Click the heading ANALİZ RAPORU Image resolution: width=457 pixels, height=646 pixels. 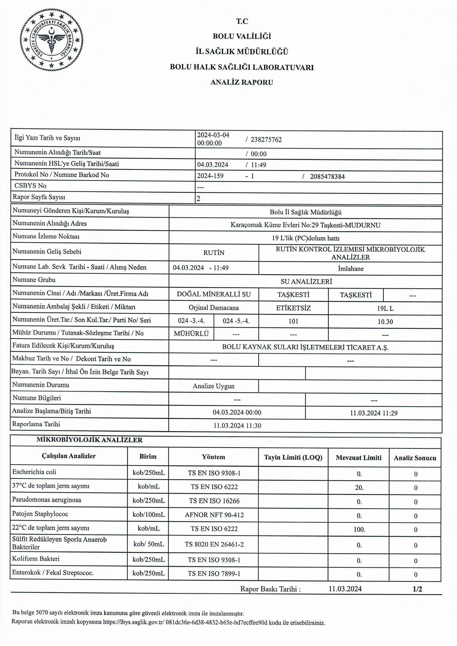[242, 82]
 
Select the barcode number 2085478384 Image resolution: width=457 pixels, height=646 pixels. [327, 176]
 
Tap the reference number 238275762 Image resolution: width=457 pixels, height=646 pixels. [266, 140]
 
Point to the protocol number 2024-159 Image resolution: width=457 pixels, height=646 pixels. [210, 176]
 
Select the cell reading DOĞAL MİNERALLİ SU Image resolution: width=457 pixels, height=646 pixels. [214, 294]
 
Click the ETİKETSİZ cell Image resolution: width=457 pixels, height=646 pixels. [293, 308]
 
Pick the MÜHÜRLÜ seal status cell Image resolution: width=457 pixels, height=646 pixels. [191, 334]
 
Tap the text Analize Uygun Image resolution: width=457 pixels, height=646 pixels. [214, 386]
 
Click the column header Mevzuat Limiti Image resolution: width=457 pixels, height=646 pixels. [358, 458]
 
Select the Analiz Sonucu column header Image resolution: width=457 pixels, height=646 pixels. [415, 458]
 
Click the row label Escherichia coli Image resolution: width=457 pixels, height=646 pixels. [34, 472]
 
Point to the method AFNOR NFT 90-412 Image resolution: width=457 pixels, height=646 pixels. [214, 515]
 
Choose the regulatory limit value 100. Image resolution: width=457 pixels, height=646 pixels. [359, 529]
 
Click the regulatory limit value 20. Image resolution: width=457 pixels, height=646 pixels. [359, 487]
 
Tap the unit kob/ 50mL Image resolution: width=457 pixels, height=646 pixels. [148, 544]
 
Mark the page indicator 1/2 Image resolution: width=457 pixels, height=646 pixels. [417, 589]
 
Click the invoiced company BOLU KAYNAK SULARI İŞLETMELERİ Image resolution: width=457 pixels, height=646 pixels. [305, 347]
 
